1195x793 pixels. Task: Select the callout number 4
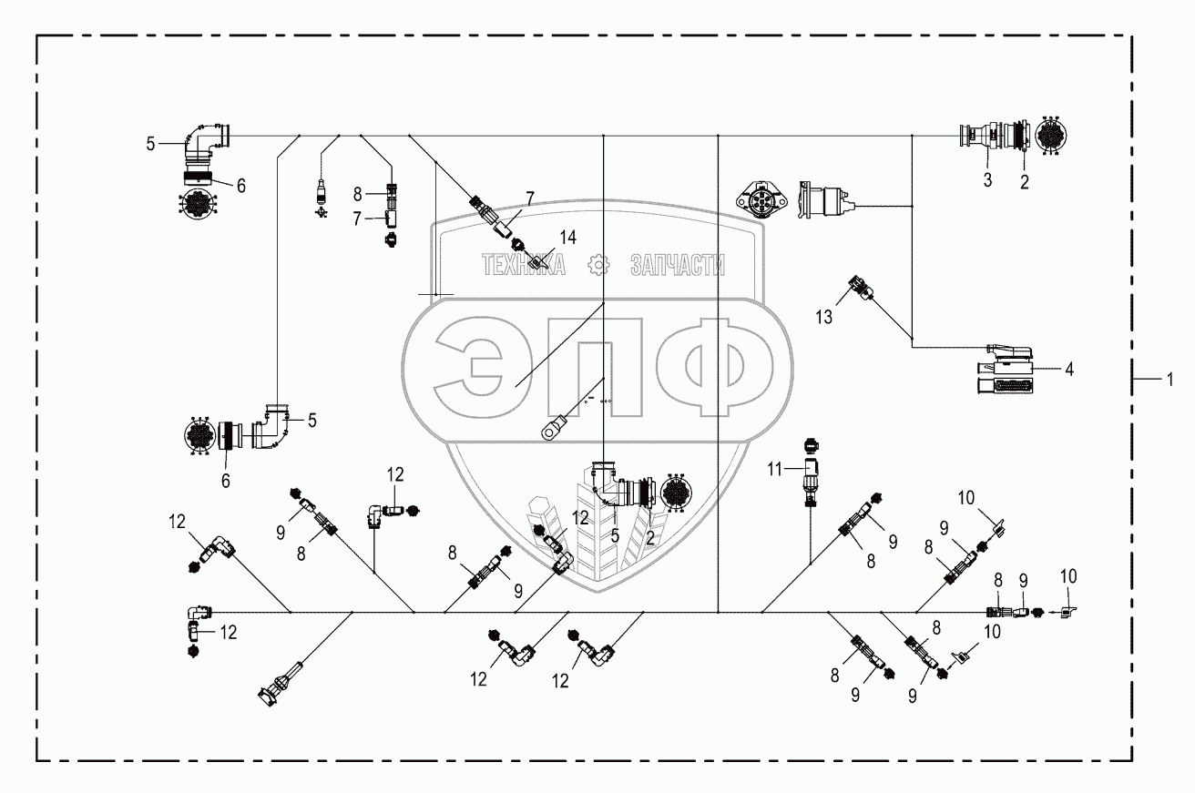pyautogui.click(x=1069, y=370)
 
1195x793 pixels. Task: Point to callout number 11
pyautogui.click(x=774, y=469)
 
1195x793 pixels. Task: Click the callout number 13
pyautogui.click(x=825, y=317)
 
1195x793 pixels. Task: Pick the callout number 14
pyautogui.click(x=567, y=238)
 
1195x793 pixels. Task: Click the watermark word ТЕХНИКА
pyautogui.click(x=524, y=264)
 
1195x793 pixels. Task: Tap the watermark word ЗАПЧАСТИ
pyautogui.click(x=678, y=264)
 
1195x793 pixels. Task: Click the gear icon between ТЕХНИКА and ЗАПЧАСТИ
pyautogui.click(x=598, y=264)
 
